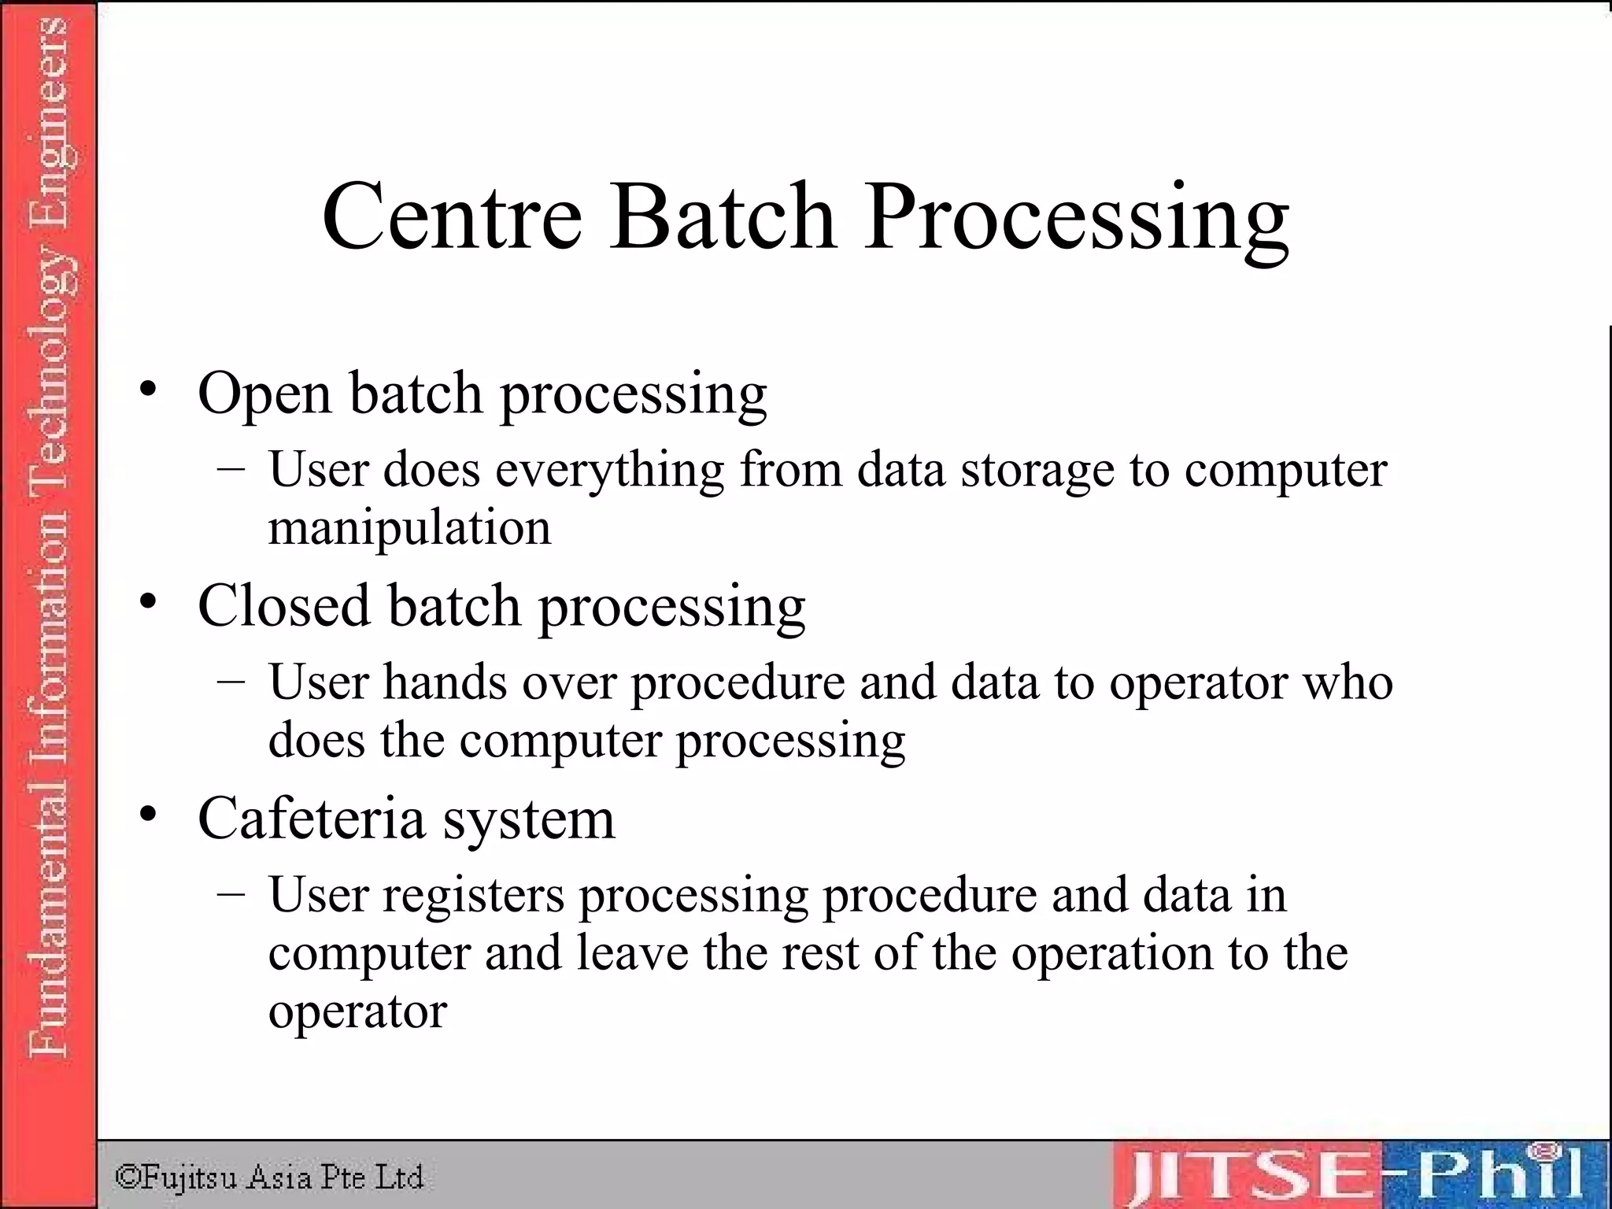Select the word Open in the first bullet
(x=264, y=394)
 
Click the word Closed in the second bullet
(x=283, y=606)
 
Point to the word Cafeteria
(x=311, y=819)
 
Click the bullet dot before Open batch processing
(x=147, y=388)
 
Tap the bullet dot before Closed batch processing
(x=147, y=601)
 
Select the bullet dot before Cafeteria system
(x=147, y=814)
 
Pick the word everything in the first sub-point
(x=610, y=471)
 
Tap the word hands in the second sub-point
(x=445, y=682)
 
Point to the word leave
(x=632, y=953)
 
